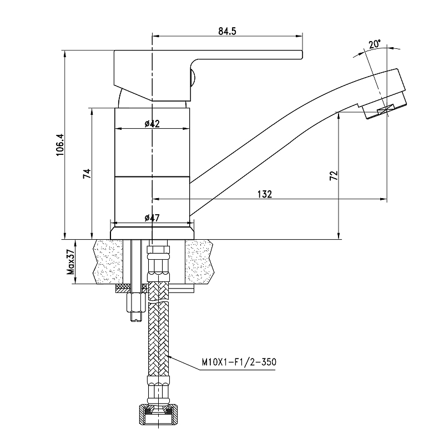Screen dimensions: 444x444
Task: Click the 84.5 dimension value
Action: pyautogui.click(x=227, y=31)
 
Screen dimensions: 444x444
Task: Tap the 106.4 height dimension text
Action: pyautogui.click(x=60, y=145)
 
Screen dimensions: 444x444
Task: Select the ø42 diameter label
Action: pyautogui.click(x=152, y=124)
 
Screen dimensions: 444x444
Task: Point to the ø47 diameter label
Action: pyautogui.click(x=152, y=218)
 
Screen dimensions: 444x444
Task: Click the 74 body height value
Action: pyautogui.click(x=87, y=173)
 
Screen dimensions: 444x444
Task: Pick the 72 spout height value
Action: pyautogui.click(x=334, y=175)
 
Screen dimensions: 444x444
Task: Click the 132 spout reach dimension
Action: pyautogui.click(x=265, y=194)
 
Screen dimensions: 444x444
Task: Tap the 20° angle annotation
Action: pyautogui.click(x=375, y=44)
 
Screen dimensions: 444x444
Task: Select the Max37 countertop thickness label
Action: pyautogui.click(x=70, y=262)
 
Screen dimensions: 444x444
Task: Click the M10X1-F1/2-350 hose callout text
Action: pyautogui.click(x=239, y=362)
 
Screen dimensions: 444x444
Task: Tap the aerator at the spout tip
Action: pyautogui.click(x=384, y=107)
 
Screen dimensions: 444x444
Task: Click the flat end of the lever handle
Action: pyautogui.click(x=301, y=55)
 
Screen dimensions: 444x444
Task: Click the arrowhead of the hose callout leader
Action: pyautogui.click(x=169, y=355)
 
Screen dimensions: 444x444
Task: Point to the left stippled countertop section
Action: pyautogui.click(x=108, y=261)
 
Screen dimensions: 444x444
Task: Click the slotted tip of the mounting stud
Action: pyautogui.click(x=135, y=316)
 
